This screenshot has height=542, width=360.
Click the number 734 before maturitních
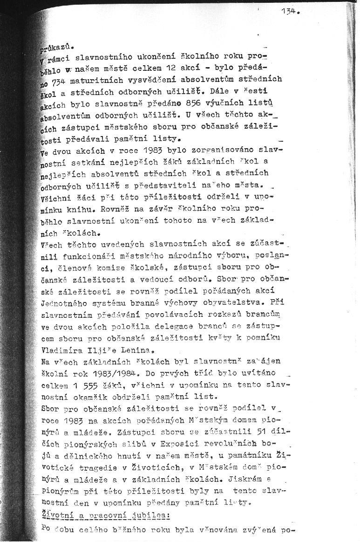pos(61,80)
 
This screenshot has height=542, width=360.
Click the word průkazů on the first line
pos(54,47)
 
